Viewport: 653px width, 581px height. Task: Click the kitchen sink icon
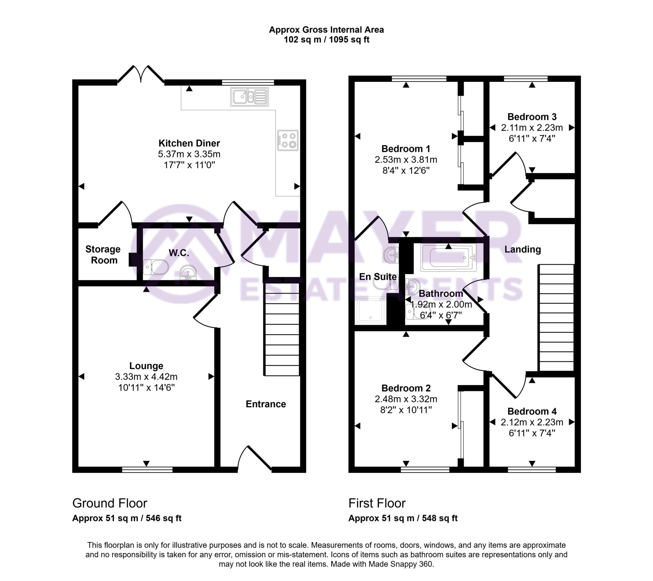(x=249, y=97)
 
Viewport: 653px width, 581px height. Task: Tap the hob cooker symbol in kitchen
(x=288, y=140)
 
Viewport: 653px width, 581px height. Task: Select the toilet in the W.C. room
(x=156, y=267)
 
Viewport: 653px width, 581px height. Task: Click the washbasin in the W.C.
(x=188, y=272)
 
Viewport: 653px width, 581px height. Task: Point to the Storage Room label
(x=103, y=255)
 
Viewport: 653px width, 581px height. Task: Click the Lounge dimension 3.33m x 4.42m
(x=146, y=377)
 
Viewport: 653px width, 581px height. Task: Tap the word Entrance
(x=266, y=404)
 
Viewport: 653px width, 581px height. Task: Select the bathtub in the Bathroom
(x=448, y=258)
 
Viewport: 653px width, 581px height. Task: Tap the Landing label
(x=523, y=250)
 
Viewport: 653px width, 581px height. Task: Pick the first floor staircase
(x=556, y=318)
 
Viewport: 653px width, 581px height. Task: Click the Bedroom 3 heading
(x=532, y=117)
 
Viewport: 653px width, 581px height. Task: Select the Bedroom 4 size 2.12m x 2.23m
(x=532, y=422)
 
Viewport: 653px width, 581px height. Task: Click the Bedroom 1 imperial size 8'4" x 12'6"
(x=406, y=171)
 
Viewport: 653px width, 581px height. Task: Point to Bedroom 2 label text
(x=406, y=388)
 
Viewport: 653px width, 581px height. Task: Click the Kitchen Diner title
(x=189, y=143)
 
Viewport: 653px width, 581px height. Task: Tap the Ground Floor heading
(x=110, y=503)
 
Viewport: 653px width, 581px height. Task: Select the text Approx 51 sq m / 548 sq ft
(x=403, y=518)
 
